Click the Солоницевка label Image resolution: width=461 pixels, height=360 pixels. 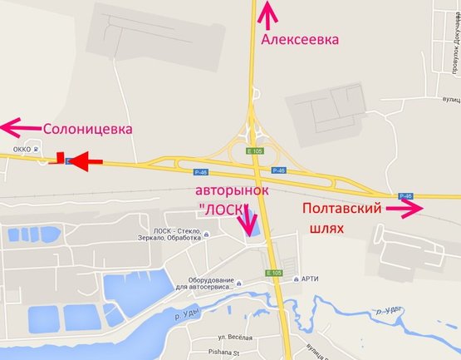point(88,129)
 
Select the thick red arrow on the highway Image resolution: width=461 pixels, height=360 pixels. point(83,160)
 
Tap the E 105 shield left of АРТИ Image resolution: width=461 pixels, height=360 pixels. point(275,273)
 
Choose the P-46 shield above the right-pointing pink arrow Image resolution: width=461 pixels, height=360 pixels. point(405,196)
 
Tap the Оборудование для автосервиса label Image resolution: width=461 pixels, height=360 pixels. point(208,284)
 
